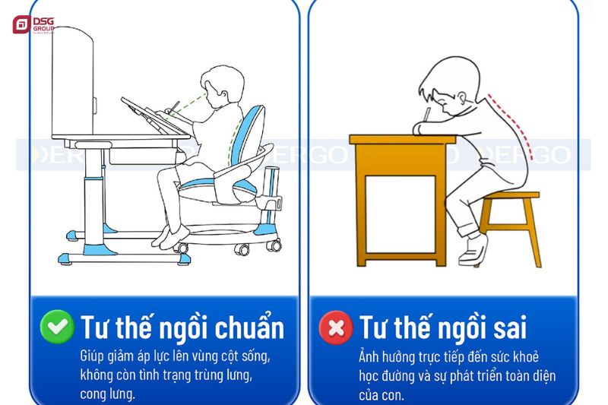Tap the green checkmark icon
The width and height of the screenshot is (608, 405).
(x=57, y=327)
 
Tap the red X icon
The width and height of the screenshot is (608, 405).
(x=335, y=327)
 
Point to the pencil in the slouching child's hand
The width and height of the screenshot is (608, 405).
(x=428, y=114)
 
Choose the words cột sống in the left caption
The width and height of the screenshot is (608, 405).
(x=244, y=356)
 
